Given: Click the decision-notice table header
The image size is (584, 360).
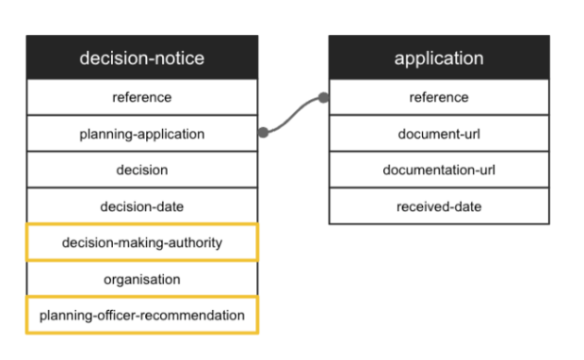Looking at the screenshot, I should pyautogui.click(x=141, y=58).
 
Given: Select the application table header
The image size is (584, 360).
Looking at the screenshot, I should pyautogui.click(x=438, y=58).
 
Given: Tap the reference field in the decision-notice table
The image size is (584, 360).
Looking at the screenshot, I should pyautogui.click(x=141, y=97).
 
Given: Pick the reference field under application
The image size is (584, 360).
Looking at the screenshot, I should pyautogui.click(x=438, y=97).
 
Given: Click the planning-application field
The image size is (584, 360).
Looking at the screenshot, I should pyautogui.click(x=141, y=134).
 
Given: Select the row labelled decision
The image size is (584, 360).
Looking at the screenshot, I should pyautogui.click(x=141, y=170).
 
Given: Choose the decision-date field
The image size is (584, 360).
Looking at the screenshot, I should pyautogui.click(x=141, y=206).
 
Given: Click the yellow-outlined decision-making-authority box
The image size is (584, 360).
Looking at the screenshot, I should pyautogui.click(x=141, y=242).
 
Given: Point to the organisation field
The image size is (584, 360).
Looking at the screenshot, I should pyautogui.click(x=141, y=279).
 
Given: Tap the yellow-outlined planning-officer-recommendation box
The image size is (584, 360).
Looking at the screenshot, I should pyautogui.click(x=141, y=315).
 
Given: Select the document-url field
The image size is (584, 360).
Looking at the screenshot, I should pyautogui.click(x=438, y=134).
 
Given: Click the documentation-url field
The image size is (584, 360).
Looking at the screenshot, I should pyautogui.click(x=438, y=170).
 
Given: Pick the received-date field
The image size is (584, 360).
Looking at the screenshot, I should pyautogui.click(x=438, y=206).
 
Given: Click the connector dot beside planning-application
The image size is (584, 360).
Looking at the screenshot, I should pyautogui.click(x=263, y=133).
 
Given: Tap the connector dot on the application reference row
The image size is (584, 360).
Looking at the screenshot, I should pyautogui.click(x=323, y=97).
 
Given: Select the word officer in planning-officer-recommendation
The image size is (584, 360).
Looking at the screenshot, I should pyautogui.click(x=121, y=315).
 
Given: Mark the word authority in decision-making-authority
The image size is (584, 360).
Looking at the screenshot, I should pyautogui.click(x=196, y=242).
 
